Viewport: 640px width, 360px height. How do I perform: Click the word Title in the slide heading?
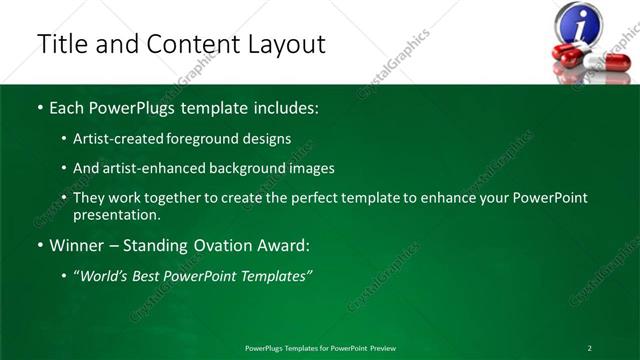click(x=60, y=44)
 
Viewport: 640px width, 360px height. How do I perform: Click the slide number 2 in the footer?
click(x=590, y=347)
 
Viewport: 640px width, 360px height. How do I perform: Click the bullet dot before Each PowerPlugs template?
click(x=40, y=107)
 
